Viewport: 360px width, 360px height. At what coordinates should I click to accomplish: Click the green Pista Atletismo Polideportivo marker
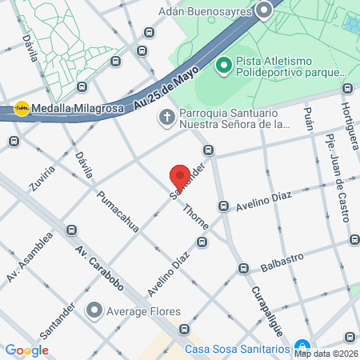click(223, 62)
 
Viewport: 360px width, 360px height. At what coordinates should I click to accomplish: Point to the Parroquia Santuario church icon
click(166, 118)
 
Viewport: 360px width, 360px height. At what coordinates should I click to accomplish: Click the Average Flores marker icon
click(95, 310)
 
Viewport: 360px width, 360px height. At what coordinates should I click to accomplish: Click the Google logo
click(26, 350)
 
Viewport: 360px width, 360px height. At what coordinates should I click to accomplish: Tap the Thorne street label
click(196, 216)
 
